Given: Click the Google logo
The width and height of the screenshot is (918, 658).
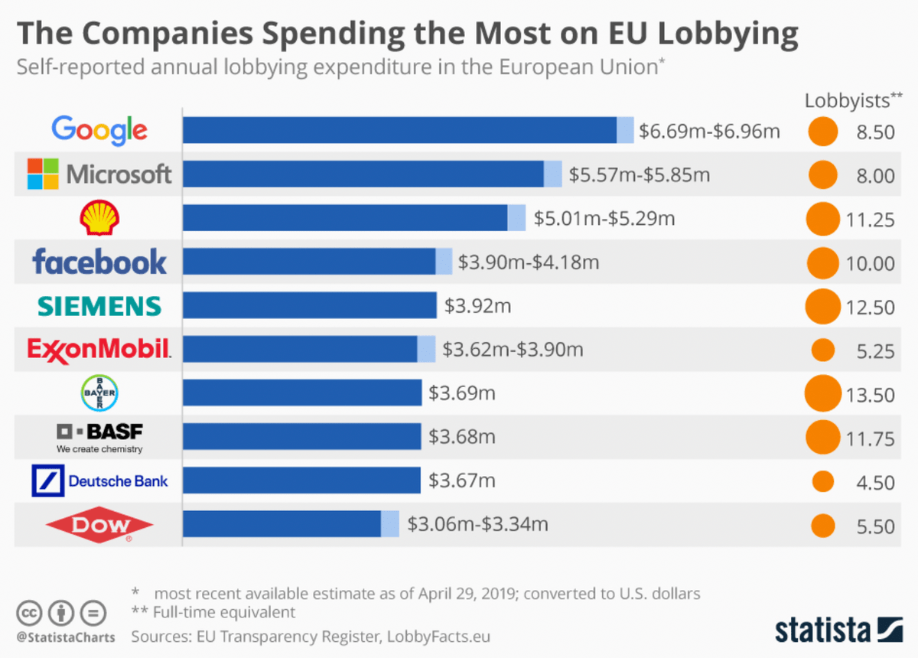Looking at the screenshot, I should tap(99, 131).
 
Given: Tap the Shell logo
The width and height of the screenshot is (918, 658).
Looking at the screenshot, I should tap(99, 219).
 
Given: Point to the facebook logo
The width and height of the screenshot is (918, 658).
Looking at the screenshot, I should tap(99, 262).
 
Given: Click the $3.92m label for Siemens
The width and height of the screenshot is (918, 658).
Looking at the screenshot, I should tap(477, 307).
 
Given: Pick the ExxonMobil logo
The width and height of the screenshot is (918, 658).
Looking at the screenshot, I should tap(99, 350).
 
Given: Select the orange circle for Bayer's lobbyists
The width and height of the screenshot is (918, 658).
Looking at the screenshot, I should tap(823, 394).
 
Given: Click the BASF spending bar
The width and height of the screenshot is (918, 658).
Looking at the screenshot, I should tap(301, 437).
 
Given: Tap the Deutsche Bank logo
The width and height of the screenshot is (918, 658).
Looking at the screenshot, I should tap(99, 481).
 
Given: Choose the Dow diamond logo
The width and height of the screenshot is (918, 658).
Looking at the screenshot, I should tap(99, 525).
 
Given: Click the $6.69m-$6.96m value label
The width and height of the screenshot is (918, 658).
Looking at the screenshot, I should tap(709, 132).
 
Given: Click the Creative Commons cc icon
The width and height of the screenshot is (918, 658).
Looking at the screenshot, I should tap(30, 613).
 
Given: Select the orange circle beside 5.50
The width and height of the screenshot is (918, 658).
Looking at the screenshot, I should tap(823, 526).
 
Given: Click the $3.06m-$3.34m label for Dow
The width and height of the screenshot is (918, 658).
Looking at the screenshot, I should tap(477, 525).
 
